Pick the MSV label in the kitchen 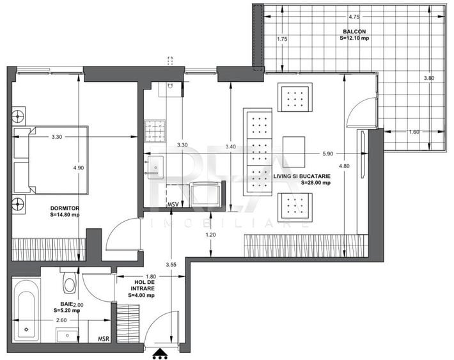[173, 205]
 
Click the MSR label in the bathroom [102, 340]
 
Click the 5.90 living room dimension [327, 153]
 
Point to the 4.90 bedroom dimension [79, 168]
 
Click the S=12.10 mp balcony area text [355, 38]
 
